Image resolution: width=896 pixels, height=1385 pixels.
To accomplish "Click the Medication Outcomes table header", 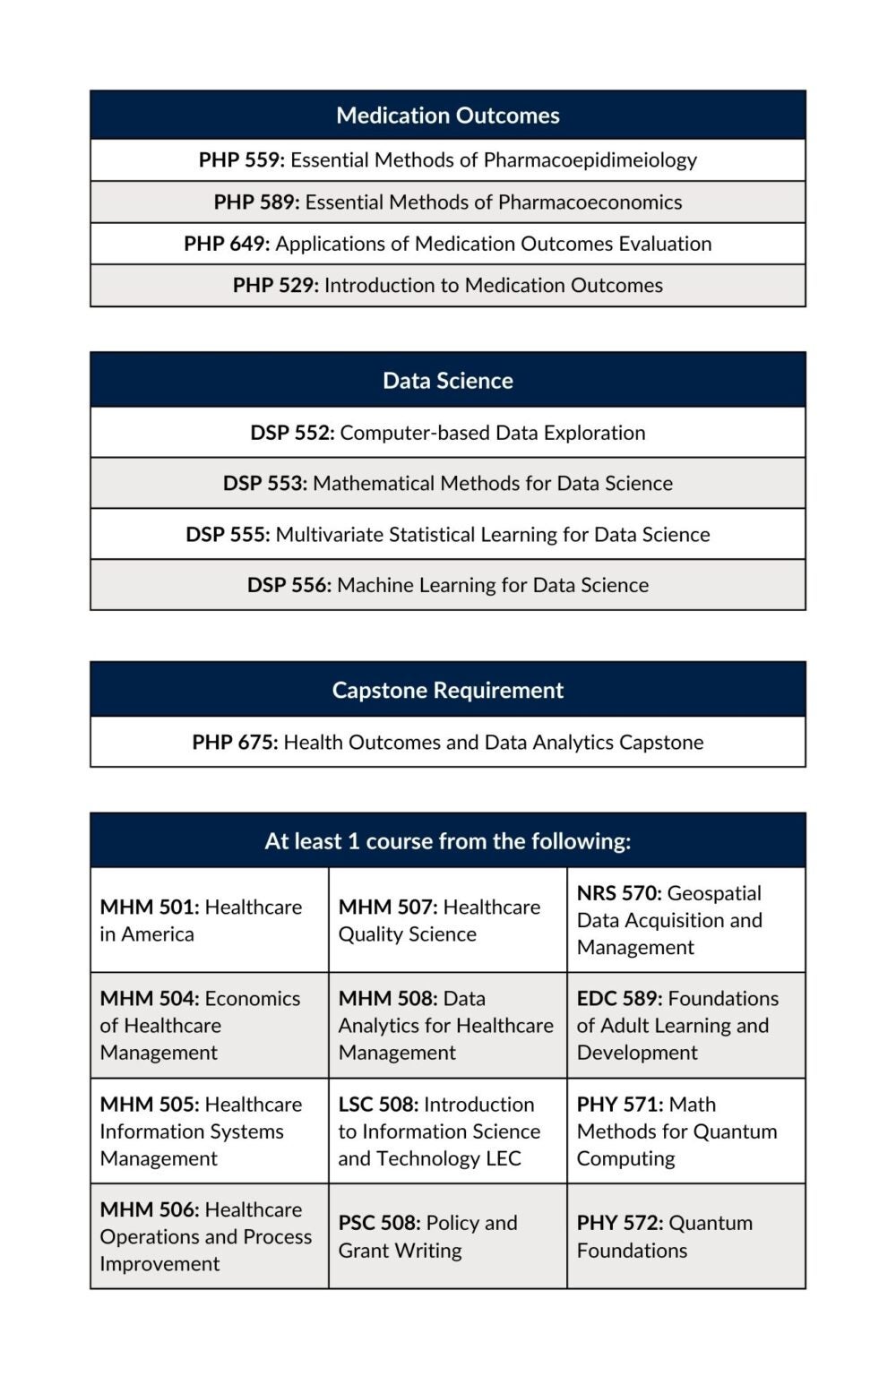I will tap(448, 116).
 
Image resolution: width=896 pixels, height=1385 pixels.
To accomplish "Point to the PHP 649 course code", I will tap(226, 244).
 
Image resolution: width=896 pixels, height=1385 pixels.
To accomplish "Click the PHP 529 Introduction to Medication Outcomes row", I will tap(448, 286).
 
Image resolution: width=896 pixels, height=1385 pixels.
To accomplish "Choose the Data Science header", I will tap(448, 381).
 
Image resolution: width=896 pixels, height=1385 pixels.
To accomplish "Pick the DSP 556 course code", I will tap(289, 585).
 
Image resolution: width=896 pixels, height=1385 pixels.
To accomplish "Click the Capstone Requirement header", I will tap(448, 691).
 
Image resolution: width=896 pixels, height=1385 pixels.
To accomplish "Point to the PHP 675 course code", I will tap(235, 743).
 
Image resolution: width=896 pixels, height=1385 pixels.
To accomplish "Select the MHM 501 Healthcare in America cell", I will tap(209, 920).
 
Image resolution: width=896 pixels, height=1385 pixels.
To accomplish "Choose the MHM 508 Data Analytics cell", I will tap(447, 1026).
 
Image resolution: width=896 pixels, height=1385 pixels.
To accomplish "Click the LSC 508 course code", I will tap(378, 1105).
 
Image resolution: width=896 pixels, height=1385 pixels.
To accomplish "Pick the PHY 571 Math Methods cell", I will tap(685, 1131).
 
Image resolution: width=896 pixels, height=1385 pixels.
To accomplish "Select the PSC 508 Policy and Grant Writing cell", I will tap(447, 1236).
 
